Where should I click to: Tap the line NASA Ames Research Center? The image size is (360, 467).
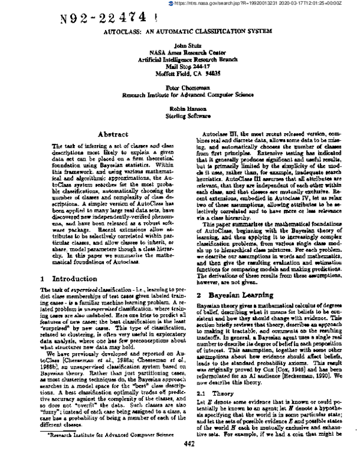point(180,53)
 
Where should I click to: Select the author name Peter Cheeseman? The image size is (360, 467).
point(180,88)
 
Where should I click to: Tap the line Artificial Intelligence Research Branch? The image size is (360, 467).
point(180,60)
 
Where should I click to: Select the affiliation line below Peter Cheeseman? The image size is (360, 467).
point(180,95)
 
